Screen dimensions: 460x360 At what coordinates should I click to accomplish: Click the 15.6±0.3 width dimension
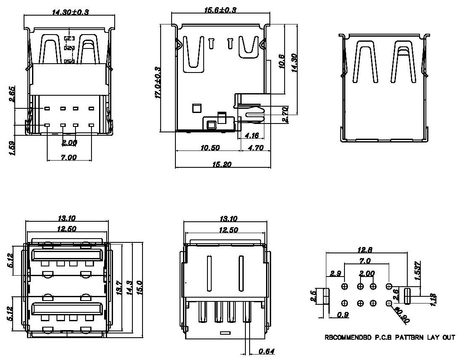point(220,10)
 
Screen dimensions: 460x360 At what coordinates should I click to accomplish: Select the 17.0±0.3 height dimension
point(157,83)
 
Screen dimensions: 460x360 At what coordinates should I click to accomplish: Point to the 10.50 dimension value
point(210,148)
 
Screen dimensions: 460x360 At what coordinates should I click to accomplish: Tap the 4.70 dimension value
point(256,148)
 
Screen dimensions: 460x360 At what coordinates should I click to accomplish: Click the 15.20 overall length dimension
point(222,164)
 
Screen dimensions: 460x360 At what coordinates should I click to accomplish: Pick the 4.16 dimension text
point(252,135)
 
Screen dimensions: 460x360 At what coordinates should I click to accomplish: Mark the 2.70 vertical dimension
point(285,114)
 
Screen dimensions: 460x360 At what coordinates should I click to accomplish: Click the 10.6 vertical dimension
point(281,61)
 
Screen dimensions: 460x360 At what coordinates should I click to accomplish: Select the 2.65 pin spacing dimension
point(12,94)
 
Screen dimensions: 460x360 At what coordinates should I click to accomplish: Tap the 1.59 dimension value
point(12,148)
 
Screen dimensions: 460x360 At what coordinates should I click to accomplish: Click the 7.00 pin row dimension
point(69,157)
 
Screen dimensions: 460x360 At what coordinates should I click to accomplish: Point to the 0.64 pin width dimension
point(266,351)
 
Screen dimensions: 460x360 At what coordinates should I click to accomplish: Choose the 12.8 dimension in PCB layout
point(365,250)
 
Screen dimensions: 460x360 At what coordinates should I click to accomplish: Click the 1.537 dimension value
point(418,270)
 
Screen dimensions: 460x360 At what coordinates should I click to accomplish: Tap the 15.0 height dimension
point(139,287)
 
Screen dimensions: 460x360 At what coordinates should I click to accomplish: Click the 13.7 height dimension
point(119,288)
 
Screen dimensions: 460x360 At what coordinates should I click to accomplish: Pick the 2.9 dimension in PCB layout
point(335,274)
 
